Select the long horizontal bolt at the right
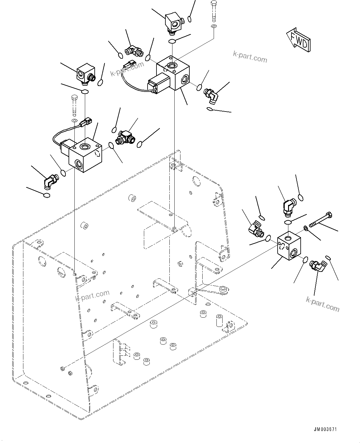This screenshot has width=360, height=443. tap(320, 220)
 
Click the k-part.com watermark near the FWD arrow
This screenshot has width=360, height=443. tap(250, 57)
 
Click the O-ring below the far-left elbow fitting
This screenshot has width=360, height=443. tap(46, 196)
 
